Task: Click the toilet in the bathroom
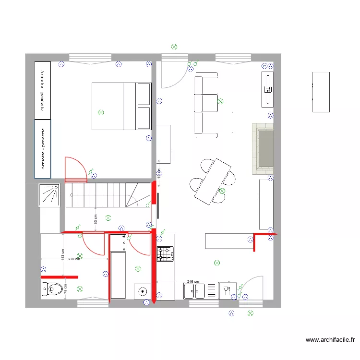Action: [x=52, y=289]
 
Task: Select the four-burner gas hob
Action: [x=165, y=253]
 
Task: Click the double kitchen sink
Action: [x=194, y=291]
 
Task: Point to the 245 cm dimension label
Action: [x=193, y=282]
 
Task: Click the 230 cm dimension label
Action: [x=74, y=259]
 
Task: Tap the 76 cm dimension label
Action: [x=65, y=288]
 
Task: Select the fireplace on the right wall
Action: [x=263, y=149]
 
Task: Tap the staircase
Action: [x=108, y=195]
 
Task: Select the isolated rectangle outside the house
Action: [x=321, y=92]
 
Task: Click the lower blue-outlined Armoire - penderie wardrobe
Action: [x=43, y=149]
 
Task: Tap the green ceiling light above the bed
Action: [x=100, y=112]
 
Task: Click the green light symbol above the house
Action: [x=174, y=47]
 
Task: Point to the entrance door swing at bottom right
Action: [x=252, y=288]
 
